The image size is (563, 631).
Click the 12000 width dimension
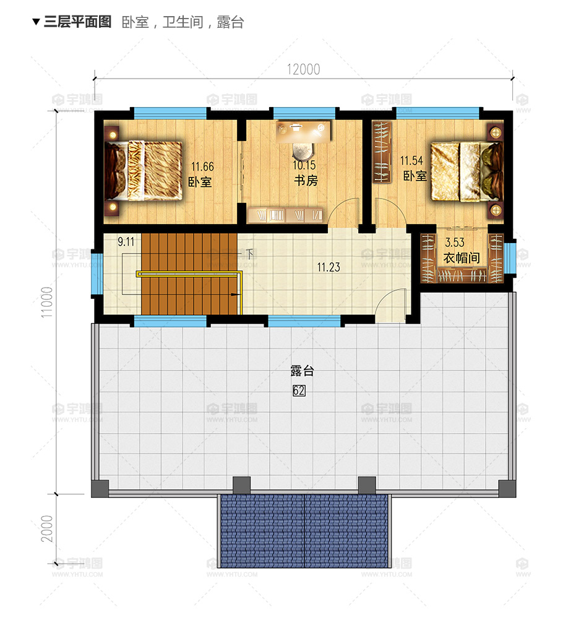point(303,70)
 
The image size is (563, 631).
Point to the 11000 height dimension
point(47,302)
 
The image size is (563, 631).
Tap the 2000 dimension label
point(47,529)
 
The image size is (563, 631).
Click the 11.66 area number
point(202,166)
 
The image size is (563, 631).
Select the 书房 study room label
point(306,180)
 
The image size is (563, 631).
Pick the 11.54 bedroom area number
point(411,161)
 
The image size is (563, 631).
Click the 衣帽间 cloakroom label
point(462,257)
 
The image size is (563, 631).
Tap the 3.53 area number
point(454,243)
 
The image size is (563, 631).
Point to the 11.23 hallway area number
point(329,267)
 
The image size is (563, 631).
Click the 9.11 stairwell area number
point(126,241)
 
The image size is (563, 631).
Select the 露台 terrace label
point(302,371)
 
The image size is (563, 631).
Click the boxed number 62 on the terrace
point(299,390)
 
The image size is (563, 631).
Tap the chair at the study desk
point(303,152)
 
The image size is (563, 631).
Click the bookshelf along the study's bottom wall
point(286,215)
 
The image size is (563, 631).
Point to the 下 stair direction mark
point(249,254)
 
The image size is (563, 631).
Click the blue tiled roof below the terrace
point(304,530)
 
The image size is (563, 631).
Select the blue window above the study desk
point(304,113)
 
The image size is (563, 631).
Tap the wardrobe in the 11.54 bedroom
point(382,152)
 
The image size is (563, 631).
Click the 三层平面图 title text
point(77,22)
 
